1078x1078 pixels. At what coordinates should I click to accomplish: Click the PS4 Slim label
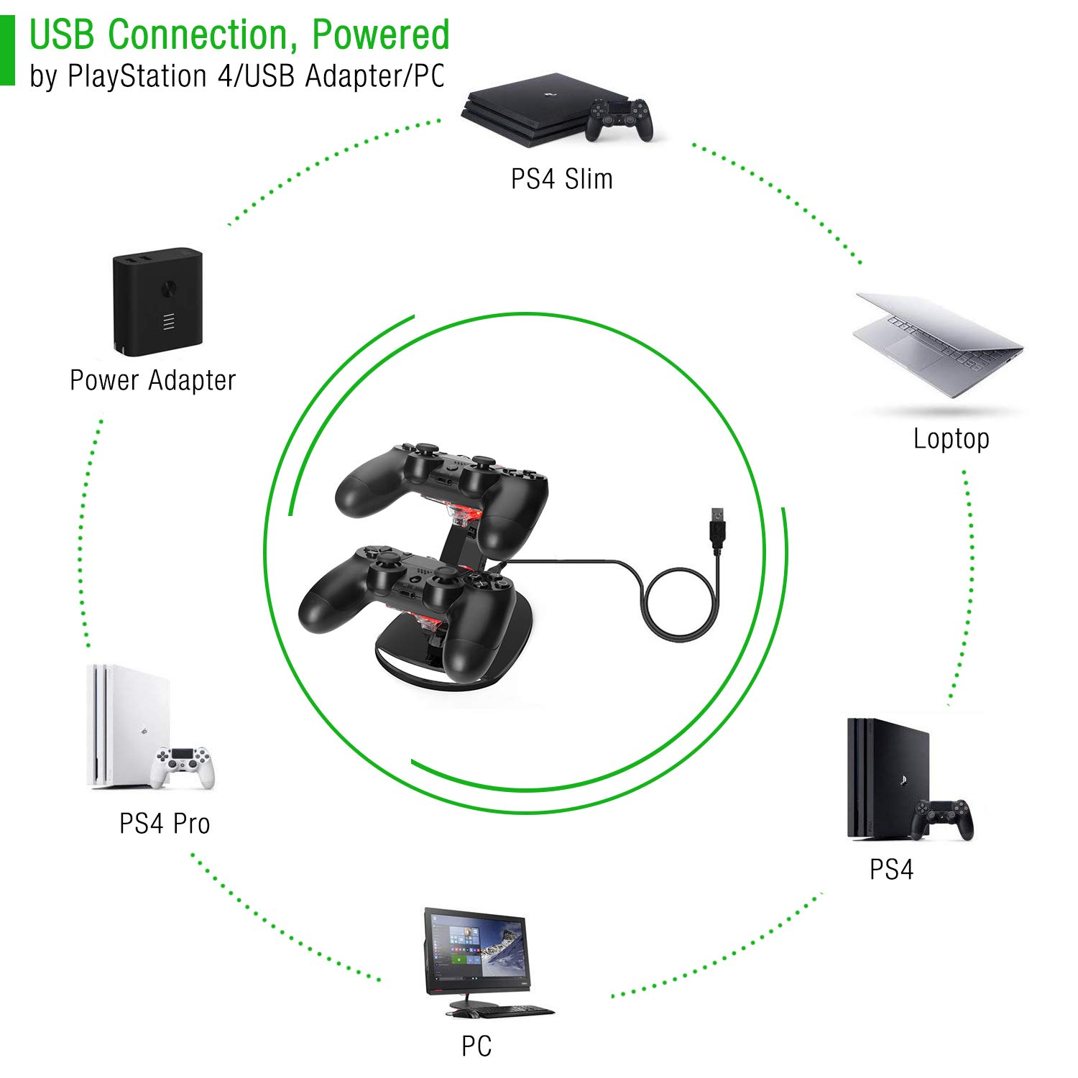(x=561, y=179)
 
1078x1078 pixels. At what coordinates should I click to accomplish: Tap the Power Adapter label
(x=152, y=380)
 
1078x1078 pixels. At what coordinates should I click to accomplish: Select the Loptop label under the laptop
(x=951, y=438)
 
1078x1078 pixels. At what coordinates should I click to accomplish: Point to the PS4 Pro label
(x=165, y=824)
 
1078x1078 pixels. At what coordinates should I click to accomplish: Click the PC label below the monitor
(x=476, y=1046)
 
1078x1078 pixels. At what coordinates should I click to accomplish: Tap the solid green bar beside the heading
(x=7, y=50)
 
